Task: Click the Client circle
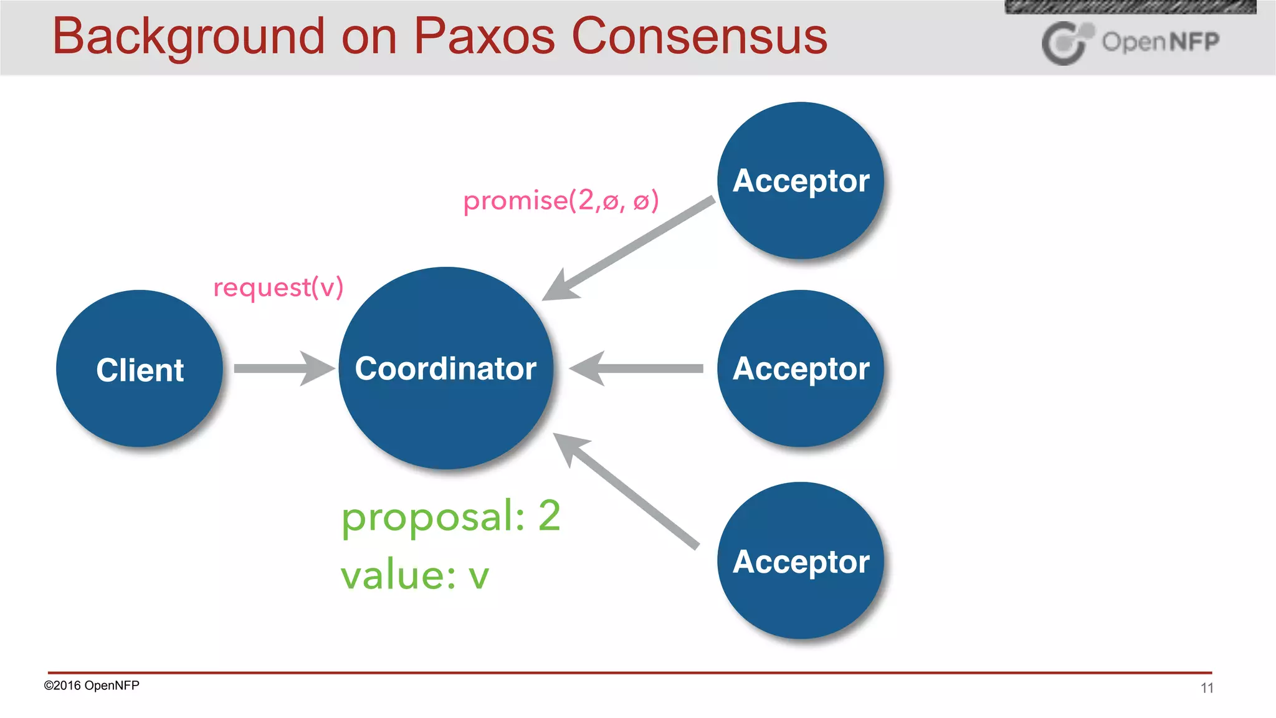tap(140, 369)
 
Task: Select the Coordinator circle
tap(445, 368)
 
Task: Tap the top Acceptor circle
tap(801, 181)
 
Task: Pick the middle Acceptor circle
tap(801, 368)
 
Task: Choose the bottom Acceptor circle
tap(801, 561)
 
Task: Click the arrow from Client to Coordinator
tap(283, 368)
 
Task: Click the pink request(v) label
tap(278, 287)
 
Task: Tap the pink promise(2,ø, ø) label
tap(561, 201)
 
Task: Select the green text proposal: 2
tap(450, 516)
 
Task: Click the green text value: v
tap(414, 575)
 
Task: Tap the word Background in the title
tap(188, 37)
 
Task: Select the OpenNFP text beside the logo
tap(1160, 42)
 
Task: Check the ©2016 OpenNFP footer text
tap(92, 686)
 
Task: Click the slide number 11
tap(1207, 688)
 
